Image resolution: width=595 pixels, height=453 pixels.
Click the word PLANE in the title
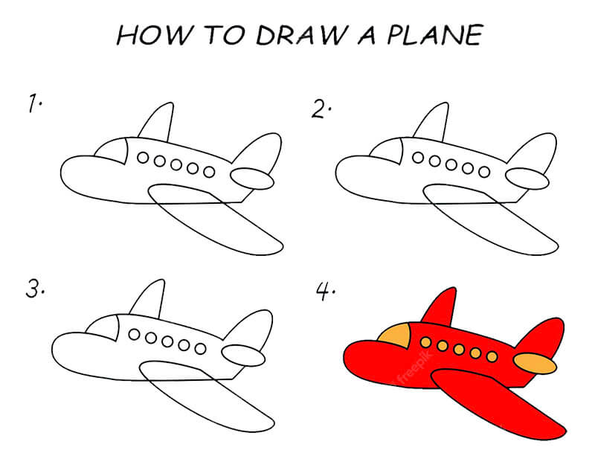click(435, 35)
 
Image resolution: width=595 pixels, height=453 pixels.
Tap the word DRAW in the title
click(301, 35)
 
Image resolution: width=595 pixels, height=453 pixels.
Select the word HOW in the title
click(154, 35)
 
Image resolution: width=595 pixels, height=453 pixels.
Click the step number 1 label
click(34, 103)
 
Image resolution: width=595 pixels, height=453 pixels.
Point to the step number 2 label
click(321, 109)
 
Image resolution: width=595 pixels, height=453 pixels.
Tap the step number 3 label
click(35, 289)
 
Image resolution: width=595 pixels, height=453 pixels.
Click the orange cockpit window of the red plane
click(395, 335)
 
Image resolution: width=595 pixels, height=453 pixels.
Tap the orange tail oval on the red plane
click(535, 363)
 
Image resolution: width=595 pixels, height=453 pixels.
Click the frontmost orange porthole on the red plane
click(425, 343)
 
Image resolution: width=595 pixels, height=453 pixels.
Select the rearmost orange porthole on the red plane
click(492, 356)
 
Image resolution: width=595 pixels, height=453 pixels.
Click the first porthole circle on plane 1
click(143, 158)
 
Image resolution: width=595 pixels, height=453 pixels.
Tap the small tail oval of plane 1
click(252, 179)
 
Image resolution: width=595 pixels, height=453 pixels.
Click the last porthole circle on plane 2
click(484, 172)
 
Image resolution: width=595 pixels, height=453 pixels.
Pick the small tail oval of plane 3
click(243, 356)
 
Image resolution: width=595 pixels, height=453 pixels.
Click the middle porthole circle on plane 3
click(167, 341)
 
